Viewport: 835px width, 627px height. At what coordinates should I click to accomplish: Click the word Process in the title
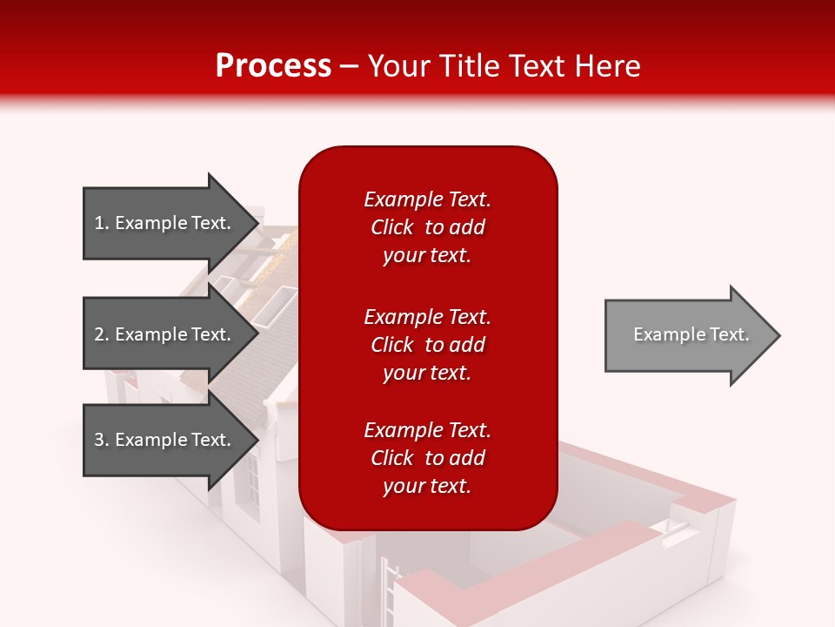point(273,66)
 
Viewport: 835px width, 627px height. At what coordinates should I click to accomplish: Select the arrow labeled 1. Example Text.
point(165,223)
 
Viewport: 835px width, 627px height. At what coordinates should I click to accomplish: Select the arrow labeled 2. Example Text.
point(165,334)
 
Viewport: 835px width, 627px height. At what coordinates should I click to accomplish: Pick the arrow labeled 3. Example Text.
point(165,440)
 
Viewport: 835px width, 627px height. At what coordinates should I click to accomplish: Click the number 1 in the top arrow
point(98,223)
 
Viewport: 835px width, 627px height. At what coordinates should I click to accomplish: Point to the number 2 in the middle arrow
point(99,334)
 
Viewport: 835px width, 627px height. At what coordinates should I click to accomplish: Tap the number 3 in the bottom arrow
point(99,440)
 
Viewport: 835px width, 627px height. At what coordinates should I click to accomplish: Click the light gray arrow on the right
point(687,335)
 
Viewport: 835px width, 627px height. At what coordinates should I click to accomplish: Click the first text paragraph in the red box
point(427,227)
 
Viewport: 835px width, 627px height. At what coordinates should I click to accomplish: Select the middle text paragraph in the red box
point(427,345)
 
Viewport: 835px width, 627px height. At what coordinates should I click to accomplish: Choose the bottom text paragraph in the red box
point(427,458)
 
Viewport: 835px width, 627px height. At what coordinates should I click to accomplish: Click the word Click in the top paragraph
point(391,227)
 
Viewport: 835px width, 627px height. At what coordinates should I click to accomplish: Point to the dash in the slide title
point(350,67)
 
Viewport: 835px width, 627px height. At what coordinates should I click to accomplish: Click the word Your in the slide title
point(398,66)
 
